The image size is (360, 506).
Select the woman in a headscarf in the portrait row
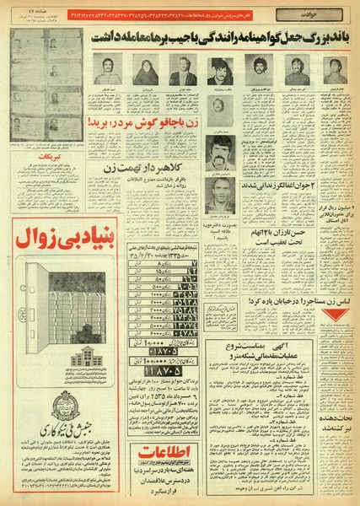[x=143, y=72]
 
